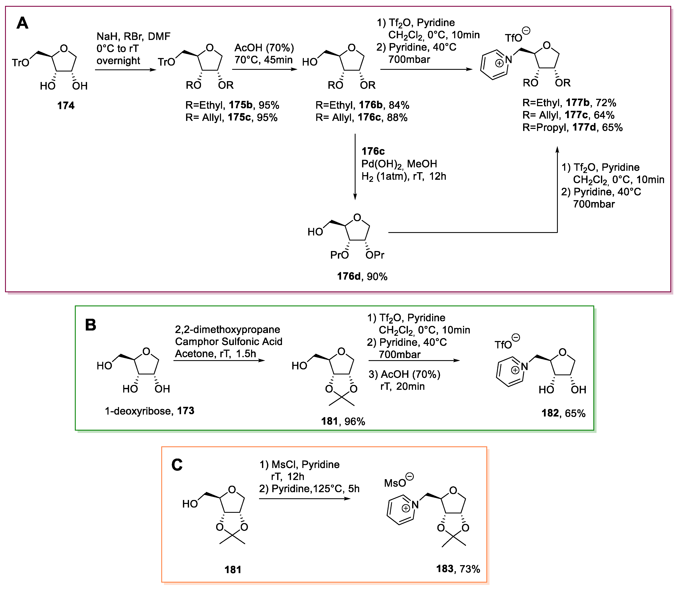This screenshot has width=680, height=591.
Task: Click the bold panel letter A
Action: tap(22, 23)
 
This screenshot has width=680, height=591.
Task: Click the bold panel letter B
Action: tap(91, 325)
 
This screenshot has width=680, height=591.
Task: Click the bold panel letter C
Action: tap(177, 465)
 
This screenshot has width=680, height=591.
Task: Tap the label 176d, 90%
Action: tap(362, 276)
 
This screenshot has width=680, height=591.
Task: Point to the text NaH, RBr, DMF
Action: tap(133, 36)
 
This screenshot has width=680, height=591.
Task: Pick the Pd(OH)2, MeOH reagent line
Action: tap(399, 164)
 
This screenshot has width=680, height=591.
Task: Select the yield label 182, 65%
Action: tap(563, 413)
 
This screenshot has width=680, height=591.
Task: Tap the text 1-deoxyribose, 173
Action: tap(149, 411)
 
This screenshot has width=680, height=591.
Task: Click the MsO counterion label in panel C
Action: tap(395, 483)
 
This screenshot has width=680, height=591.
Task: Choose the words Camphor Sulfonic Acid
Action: tap(229, 342)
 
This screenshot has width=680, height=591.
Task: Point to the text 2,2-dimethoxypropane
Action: tap(228, 329)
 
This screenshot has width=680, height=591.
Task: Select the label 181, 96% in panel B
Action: tap(343, 422)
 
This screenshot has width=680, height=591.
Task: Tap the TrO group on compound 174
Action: tap(20, 63)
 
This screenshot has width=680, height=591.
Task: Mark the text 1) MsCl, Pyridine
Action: tap(299, 464)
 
